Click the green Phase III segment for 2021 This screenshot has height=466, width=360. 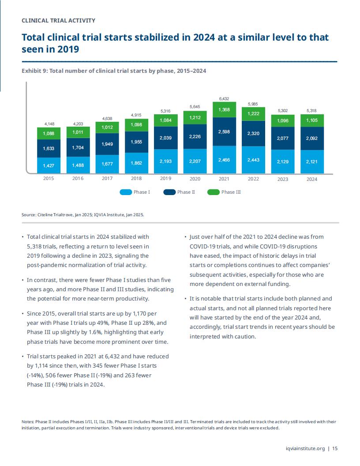point(224,110)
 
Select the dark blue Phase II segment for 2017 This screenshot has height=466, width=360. point(107,144)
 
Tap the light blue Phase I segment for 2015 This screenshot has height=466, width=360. point(49,165)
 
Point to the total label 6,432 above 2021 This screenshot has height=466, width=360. point(224,99)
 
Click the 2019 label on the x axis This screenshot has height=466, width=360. point(166,178)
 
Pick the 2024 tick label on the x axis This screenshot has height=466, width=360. point(312,179)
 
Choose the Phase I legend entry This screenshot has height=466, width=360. point(135,192)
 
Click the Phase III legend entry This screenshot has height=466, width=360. point(224,192)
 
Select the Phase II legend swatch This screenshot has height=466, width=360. point(169,192)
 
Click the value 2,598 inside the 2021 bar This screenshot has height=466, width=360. point(224,132)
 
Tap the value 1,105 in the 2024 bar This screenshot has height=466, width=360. point(312,120)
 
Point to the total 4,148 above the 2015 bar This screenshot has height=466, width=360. point(49,124)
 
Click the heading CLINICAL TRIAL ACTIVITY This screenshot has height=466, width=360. point(59,20)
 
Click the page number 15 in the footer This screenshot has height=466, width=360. point(335,448)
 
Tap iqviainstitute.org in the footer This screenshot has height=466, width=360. point(305,448)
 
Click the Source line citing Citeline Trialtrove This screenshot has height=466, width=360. point(83,214)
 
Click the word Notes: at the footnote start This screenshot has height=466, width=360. point(28,422)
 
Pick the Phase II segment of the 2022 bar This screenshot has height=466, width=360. point(253,133)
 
